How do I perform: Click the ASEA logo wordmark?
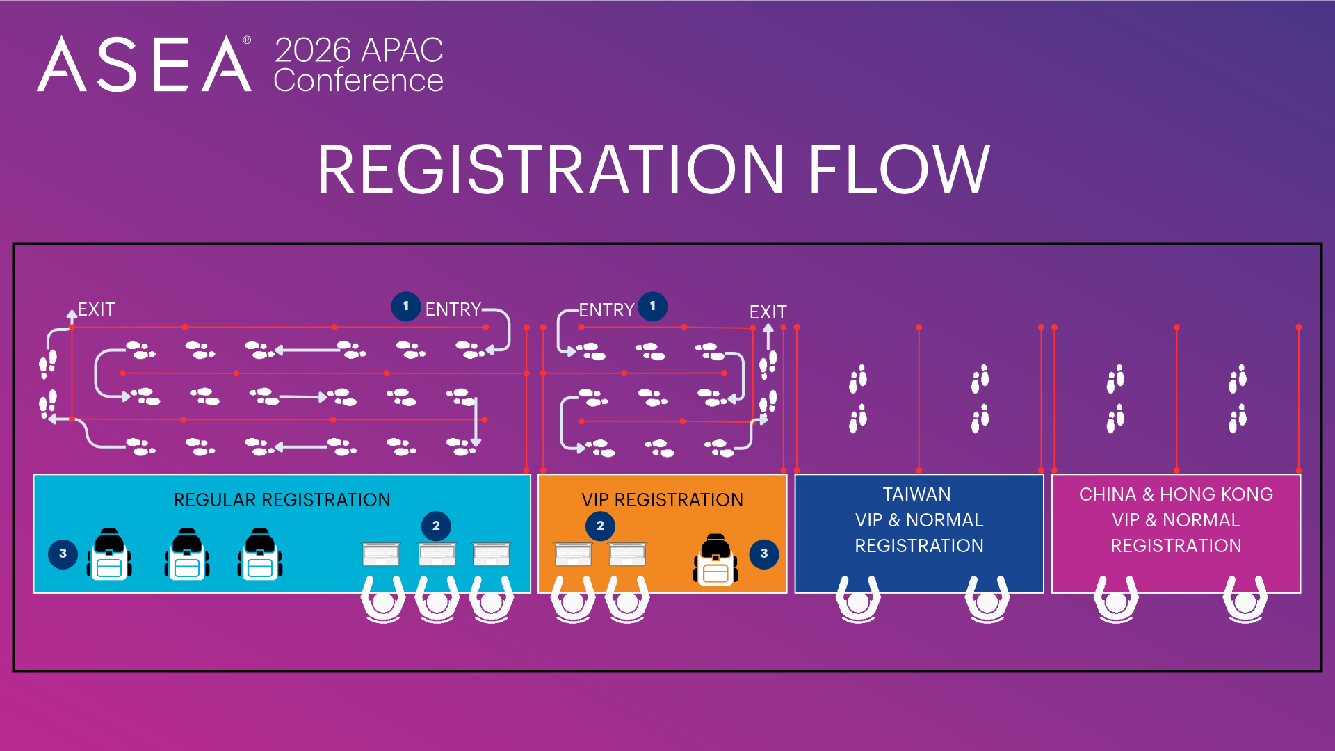(x=144, y=64)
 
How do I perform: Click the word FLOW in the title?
(x=898, y=170)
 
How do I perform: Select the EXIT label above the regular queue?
(x=96, y=309)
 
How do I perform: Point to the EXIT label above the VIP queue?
(x=768, y=312)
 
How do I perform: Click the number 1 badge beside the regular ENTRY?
(x=406, y=307)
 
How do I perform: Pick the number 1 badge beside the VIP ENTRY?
(x=653, y=307)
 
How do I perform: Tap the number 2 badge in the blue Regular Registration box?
(x=436, y=526)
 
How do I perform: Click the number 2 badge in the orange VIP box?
(x=600, y=526)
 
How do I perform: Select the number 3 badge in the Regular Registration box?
(x=63, y=554)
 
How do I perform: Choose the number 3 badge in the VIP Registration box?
(x=764, y=554)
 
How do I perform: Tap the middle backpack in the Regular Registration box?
(x=187, y=554)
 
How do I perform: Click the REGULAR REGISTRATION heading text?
(x=282, y=500)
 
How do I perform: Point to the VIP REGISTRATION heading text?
(x=663, y=500)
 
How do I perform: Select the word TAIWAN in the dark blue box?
(x=916, y=494)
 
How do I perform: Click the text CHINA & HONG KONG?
(x=1176, y=494)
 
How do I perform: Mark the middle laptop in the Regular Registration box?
(x=437, y=554)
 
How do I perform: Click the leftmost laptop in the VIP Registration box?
(x=573, y=554)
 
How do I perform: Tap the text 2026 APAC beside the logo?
(x=359, y=50)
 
